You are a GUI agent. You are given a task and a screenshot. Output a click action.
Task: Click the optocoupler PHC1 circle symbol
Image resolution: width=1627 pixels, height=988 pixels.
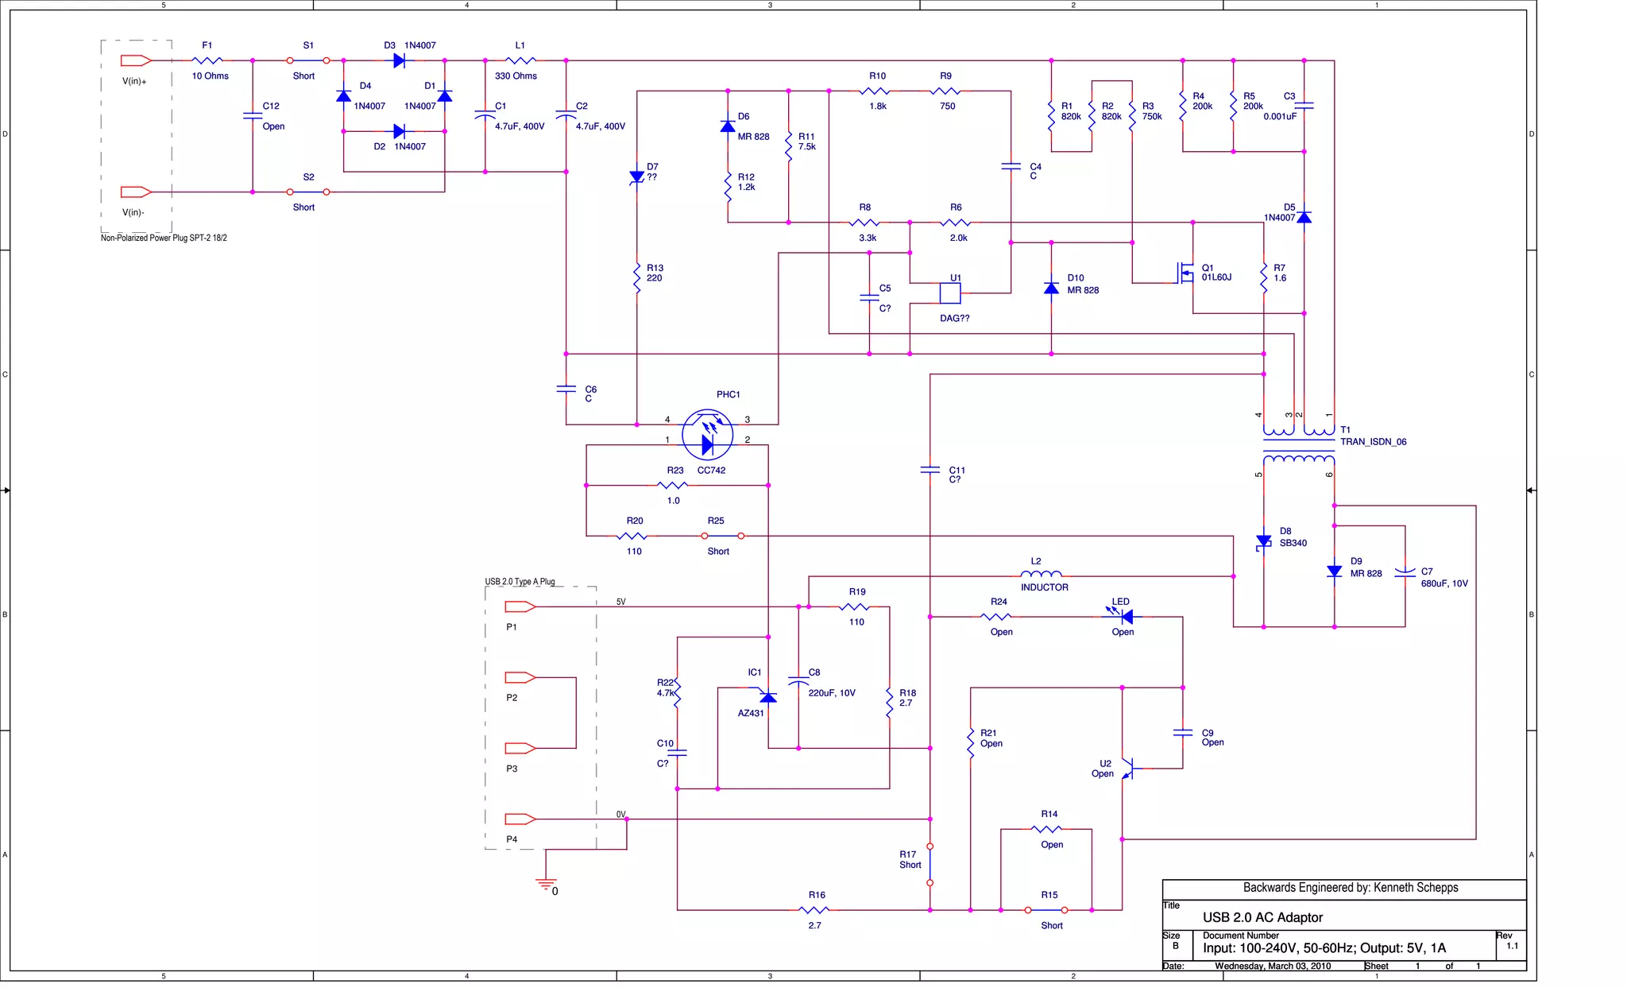click(x=707, y=435)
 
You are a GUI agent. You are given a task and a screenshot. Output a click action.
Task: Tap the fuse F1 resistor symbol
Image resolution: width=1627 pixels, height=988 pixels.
click(x=207, y=60)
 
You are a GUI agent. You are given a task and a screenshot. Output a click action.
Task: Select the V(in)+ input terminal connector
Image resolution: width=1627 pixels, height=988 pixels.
click(x=136, y=60)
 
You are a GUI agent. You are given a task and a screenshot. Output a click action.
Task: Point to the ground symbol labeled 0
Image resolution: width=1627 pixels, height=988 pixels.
click(x=546, y=883)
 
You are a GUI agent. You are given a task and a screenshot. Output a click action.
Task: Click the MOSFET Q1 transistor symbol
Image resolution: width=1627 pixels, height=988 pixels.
click(x=1185, y=273)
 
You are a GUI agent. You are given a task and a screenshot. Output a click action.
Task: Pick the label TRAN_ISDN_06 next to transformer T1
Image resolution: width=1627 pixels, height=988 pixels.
click(x=1373, y=442)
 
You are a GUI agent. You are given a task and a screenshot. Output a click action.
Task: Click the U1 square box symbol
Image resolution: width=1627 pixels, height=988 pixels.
click(x=949, y=293)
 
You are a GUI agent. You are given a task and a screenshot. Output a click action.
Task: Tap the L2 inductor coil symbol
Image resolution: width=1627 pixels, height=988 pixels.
click(x=1040, y=574)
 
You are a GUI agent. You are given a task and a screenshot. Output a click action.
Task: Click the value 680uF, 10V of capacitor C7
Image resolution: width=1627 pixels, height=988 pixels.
click(x=1443, y=583)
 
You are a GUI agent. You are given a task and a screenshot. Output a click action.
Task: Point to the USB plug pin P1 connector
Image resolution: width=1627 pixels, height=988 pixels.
click(x=520, y=606)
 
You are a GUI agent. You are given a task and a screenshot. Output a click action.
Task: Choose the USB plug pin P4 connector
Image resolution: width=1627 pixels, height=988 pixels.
click(x=520, y=819)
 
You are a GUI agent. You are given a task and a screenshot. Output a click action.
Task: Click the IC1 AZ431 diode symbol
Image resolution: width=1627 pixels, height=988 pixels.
click(x=767, y=697)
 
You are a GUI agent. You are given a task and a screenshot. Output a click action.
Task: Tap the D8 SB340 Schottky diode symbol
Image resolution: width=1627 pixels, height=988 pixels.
click(x=1263, y=541)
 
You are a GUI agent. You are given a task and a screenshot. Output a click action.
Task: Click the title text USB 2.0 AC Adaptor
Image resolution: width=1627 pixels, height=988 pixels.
click(x=1262, y=917)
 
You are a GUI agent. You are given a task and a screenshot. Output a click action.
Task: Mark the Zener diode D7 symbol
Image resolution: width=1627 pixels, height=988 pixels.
click(x=636, y=177)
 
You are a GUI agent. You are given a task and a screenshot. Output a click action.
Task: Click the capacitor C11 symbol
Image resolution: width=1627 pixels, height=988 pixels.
click(x=929, y=470)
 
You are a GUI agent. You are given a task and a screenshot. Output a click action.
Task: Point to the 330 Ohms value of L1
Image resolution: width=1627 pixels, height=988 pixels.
click(x=516, y=76)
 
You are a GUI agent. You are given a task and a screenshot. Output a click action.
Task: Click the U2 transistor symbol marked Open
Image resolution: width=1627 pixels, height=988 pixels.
click(x=1127, y=768)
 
